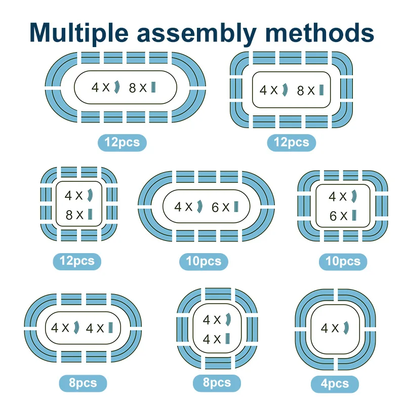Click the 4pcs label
tap(334, 383)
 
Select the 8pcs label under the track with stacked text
tap(217, 382)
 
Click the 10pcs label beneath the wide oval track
tap(204, 261)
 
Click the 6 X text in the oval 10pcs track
tap(221, 207)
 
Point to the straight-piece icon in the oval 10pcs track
tap(235, 207)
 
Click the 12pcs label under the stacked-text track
tap(77, 261)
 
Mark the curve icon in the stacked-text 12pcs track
tap(90, 195)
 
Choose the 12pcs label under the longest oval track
tap(122, 142)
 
